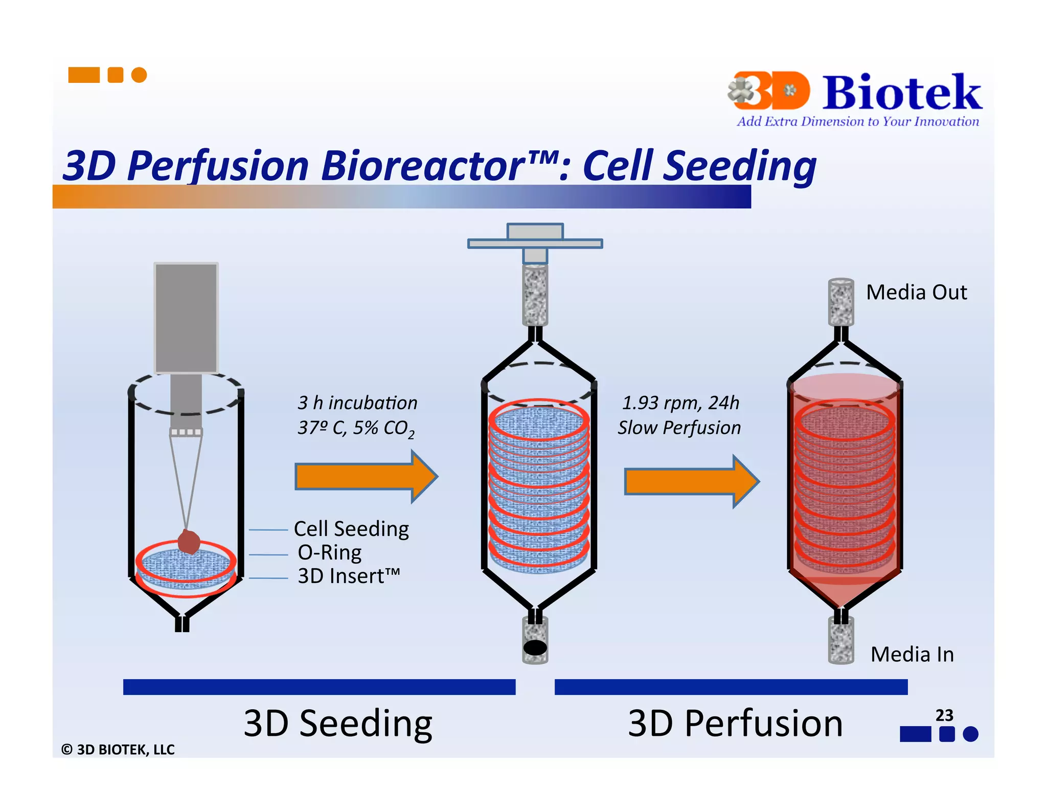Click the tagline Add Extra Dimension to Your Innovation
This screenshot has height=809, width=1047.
point(857,122)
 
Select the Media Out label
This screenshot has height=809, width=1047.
point(916,293)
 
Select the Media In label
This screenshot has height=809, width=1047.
point(912,655)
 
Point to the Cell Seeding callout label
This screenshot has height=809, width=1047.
point(351,529)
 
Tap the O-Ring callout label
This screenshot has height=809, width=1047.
point(330,553)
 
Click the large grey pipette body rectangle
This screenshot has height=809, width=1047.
point(186,318)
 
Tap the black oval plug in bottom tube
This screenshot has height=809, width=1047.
point(535,648)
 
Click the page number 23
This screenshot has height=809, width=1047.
point(944,715)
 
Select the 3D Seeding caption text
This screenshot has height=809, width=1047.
point(338,724)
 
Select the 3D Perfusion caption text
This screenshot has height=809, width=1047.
point(735,724)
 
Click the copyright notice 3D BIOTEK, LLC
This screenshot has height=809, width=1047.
point(118,750)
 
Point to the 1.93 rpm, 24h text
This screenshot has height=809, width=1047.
point(680,403)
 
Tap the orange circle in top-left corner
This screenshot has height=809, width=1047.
point(139,75)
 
